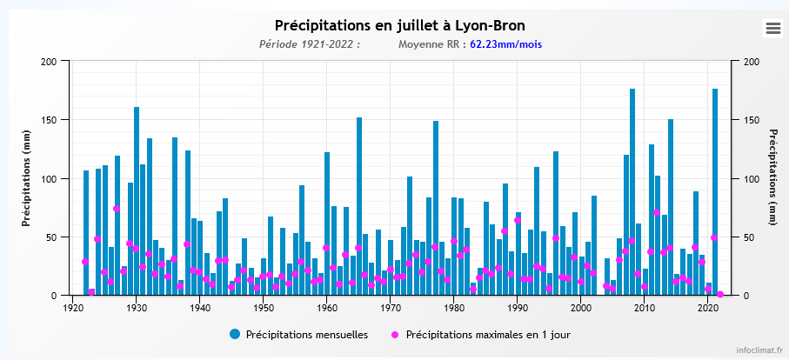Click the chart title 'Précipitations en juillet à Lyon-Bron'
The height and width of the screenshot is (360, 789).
tap(399, 25)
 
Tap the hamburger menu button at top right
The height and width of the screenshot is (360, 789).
tap(772, 29)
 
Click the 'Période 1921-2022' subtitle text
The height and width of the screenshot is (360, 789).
tap(309, 44)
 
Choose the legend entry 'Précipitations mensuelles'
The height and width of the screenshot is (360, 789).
tap(298, 334)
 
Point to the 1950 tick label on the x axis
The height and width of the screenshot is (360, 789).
tap(263, 308)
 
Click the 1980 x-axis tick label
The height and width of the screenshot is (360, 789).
tap(453, 308)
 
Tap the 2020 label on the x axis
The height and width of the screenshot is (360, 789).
tap(707, 308)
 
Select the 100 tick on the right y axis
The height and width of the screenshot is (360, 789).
tap(749, 178)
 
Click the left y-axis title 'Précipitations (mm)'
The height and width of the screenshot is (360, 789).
tap(27, 178)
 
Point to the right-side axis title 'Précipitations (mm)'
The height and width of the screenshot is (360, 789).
tap(772, 178)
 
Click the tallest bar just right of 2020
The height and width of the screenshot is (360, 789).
tap(715, 191)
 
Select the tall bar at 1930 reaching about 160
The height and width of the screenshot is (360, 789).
tap(137, 201)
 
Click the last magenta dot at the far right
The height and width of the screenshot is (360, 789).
tap(720, 294)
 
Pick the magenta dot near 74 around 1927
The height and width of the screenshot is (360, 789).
tap(117, 209)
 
